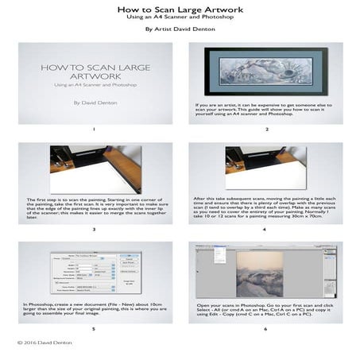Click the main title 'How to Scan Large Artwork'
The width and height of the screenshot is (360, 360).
(180, 10)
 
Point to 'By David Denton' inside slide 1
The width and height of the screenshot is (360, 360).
(95, 103)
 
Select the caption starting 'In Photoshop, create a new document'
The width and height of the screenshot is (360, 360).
(95, 308)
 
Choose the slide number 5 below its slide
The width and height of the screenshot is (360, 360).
(95, 327)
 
